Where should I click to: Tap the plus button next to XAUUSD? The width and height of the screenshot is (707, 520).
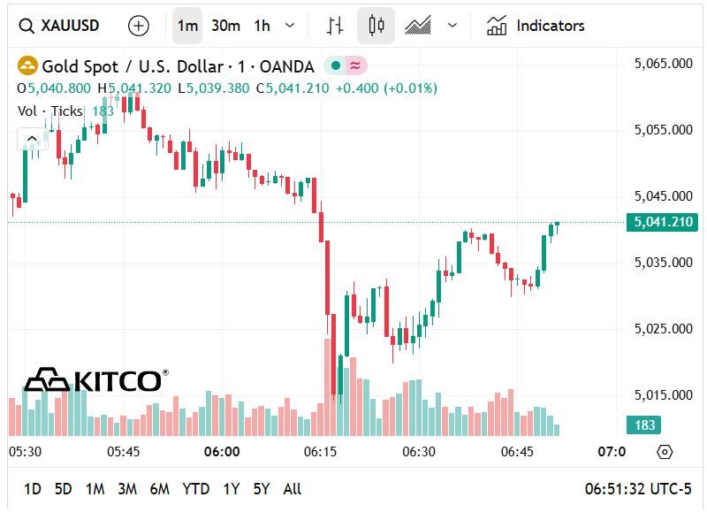tap(139, 26)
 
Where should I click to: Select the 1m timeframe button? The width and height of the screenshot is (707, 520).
tap(187, 26)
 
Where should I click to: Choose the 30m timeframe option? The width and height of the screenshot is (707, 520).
tap(225, 26)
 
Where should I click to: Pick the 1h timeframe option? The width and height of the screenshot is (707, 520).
tap(262, 26)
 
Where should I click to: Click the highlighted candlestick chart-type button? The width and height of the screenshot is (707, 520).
tap(376, 26)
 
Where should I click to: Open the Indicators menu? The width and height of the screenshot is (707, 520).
tap(536, 26)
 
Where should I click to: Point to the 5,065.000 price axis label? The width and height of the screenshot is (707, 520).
tap(663, 64)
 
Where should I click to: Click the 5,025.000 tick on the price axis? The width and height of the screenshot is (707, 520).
tap(663, 329)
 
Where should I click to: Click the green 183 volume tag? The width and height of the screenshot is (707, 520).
tap(645, 425)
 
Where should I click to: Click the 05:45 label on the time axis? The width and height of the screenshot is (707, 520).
tap(124, 452)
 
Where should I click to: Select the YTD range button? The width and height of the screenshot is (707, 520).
tap(195, 489)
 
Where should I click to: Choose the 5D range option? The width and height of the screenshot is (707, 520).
tap(63, 489)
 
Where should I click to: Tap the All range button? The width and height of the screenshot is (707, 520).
tap(292, 489)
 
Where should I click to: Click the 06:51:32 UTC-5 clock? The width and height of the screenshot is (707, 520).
tap(638, 489)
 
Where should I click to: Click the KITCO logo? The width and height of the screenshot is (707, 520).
tap(95, 380)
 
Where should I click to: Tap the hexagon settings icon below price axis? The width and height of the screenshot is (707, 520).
tap(665, 452)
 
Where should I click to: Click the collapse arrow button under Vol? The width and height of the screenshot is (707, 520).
tap(32, 138)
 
